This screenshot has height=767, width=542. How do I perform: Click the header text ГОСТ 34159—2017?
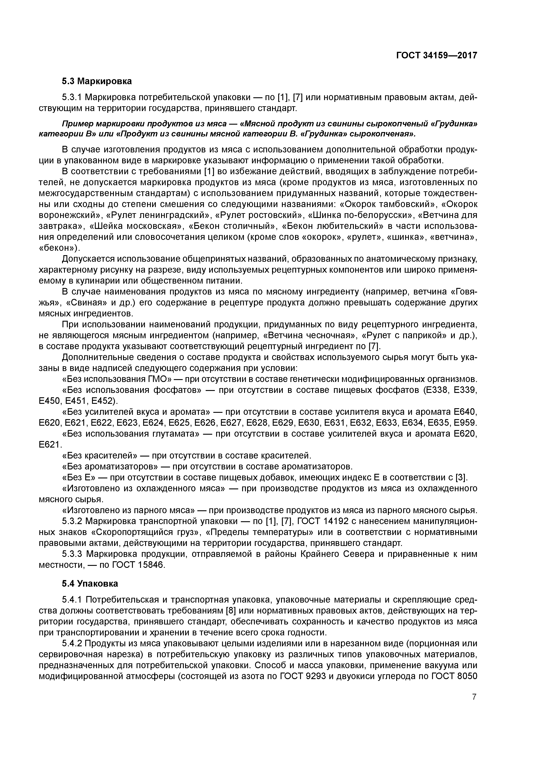(436, 56)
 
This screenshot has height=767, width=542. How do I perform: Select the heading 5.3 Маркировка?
(97, 81)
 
